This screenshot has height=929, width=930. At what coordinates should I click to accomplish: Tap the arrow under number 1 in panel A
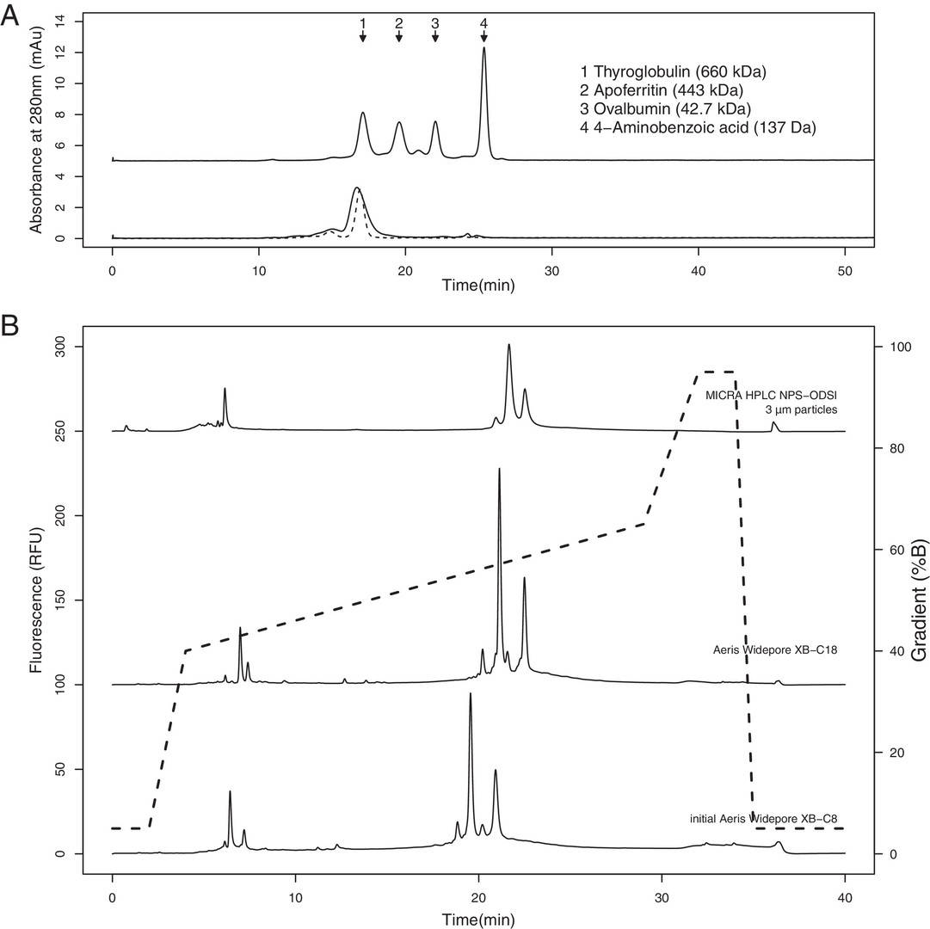click(363, 36)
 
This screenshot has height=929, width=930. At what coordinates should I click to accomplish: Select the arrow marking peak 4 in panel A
click(483, 36)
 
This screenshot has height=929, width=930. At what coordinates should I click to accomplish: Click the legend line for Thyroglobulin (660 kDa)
click(674, 71)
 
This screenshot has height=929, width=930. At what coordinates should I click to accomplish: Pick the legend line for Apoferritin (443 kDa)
click(662, 90)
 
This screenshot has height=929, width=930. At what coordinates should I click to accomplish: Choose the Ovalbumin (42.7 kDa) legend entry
click(667, 109)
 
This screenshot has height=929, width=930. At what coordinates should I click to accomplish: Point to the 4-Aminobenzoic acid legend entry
click(699, 128)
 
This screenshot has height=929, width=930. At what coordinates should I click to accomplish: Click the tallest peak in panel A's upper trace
click(484, 49)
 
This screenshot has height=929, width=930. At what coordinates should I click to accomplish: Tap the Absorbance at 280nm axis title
click(36, 129)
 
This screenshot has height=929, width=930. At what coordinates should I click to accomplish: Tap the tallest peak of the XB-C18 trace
click(499, 471)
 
